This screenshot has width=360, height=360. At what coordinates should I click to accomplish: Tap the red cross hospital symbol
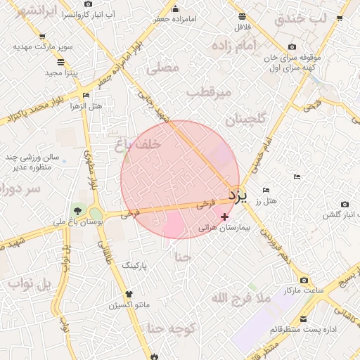[x=224, y=217]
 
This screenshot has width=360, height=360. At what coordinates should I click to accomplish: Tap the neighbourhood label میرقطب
[x=210, y=93]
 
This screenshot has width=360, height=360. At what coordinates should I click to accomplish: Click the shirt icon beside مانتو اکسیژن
[x=128, y=294]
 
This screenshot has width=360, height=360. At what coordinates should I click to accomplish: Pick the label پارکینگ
[x=136, y=266]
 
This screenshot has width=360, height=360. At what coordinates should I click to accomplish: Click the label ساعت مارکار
[x=304, y=290]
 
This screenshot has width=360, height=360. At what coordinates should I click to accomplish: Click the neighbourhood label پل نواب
[x=31, y=283]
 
